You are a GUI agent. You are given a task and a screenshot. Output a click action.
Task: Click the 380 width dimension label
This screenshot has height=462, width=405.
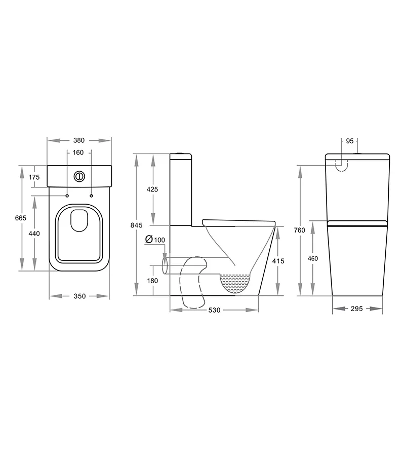click(x=79, y=141)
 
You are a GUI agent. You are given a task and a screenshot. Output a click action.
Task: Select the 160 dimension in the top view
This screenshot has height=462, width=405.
click(x=79, y=152)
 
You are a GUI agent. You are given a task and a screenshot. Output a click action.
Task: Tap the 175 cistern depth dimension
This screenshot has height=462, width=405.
click(x=34, y=177)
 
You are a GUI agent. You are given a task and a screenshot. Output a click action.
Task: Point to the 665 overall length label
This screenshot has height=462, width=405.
click(x=21, y=218)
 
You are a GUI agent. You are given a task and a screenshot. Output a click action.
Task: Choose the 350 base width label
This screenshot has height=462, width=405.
click(x=79, y=296)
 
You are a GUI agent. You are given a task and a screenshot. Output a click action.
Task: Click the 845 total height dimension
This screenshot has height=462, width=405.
click(x=137, y=225)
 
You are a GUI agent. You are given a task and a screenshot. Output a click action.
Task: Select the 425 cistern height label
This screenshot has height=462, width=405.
click(x=152, y=189)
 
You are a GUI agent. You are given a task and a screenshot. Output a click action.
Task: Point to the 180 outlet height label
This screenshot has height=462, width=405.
click(x=152, y=281)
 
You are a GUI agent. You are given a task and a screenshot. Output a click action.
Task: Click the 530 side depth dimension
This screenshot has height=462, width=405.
click(x=214, y=310)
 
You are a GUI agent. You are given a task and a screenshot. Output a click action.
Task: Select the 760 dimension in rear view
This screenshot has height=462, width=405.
click(x=300, y=230)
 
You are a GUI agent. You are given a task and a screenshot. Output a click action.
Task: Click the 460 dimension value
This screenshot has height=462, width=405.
click(x=313, y=258)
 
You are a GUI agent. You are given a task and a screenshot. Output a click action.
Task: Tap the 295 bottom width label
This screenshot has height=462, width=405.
click(x=357, y=309)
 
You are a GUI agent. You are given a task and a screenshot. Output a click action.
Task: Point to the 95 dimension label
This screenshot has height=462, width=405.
click(x=350, y=141)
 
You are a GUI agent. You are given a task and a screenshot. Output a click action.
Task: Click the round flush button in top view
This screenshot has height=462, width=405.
click(x=79, y=176)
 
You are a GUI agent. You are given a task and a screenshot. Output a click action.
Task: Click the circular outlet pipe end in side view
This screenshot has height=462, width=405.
click(x=165, y=266)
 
